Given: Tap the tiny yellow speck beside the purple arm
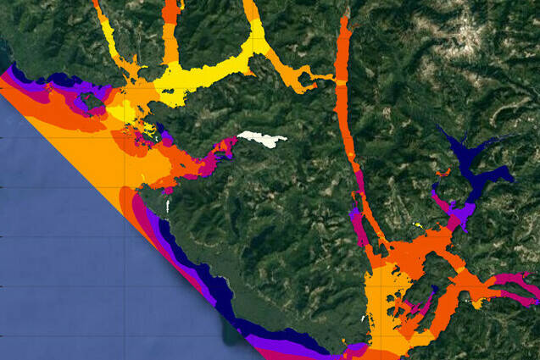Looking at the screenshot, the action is click(x=419, y=224).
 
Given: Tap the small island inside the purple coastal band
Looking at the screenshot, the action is click(x=88, y=101).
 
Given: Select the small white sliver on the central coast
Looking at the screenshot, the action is click(x=168, y=205).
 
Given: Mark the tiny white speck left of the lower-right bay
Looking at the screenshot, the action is click(x=365, y=318).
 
